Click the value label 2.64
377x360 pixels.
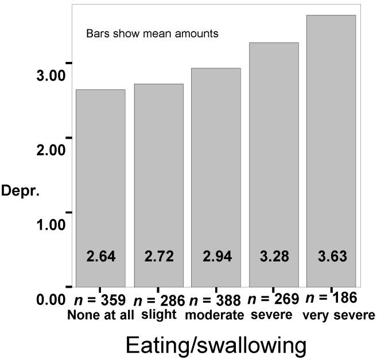pyautogui.click(x=101, y=256)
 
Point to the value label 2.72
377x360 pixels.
pyautogui.click(x=159, y=256)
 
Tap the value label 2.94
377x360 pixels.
pyautogui.click(x=217, y=256)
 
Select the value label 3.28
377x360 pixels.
pyautogui.click(x=274, y=256)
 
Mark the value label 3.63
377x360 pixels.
pyautogui.click(x=332, y=256)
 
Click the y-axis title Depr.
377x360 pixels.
pyautogui.click(x=20, y=191)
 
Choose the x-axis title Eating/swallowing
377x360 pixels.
pyautogui.click(x=213, y=345)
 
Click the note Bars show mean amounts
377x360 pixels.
pyautogui.click(x=152, y=34)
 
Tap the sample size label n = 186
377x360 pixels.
pyautogui.click(x=332, y=298)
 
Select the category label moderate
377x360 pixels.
pyautogui.click(x=217, y=315)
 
